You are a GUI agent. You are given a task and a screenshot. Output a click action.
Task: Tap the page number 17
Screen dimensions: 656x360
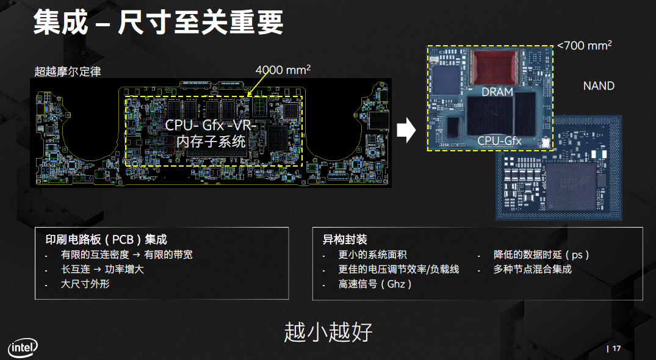pos(616,348)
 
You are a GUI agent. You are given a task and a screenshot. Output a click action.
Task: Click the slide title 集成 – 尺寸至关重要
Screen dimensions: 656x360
pos(158,23)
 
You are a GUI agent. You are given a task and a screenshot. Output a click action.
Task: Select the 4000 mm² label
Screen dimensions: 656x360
pos(283,70)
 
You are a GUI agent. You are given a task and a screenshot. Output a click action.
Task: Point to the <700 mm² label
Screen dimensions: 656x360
pos(585,45)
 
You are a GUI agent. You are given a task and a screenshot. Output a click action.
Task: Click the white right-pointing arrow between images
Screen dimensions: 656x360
pos(406,129)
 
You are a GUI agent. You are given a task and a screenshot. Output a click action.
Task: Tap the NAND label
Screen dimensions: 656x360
pos(598,86)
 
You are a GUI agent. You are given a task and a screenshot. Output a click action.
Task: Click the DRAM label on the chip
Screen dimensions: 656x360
pos(497,92)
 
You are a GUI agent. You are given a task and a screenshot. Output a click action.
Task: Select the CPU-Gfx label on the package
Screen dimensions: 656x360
pos(499,142)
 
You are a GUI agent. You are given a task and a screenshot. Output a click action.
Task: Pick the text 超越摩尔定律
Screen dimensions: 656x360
pos(67,71)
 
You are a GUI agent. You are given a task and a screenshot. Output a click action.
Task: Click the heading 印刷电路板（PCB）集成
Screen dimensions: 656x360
pos(106,240)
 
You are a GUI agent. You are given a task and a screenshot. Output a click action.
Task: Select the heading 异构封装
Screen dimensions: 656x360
pos(345,240)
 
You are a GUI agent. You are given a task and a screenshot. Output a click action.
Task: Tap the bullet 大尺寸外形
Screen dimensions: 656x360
pos(85,284)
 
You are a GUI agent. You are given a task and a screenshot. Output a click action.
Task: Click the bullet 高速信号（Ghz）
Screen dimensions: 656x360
pos(375,284)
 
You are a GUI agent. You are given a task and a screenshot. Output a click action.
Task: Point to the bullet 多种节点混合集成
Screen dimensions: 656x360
pos(532,269)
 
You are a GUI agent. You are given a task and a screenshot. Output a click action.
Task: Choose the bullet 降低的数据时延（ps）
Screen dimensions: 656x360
pos(541,254)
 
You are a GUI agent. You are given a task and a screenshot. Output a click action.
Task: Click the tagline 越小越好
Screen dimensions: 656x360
pos(328,332)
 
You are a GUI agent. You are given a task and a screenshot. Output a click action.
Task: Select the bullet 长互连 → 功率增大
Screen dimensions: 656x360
pos(102,269)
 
